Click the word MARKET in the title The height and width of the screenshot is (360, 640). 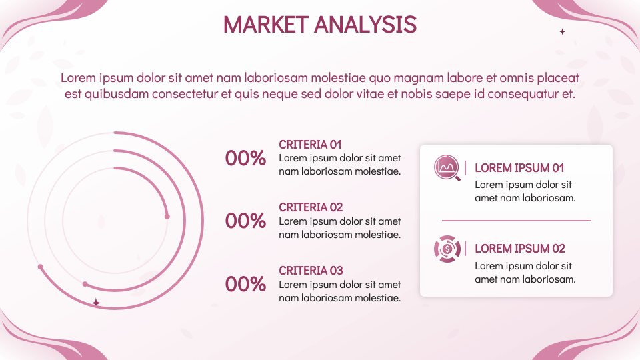coord(266,25)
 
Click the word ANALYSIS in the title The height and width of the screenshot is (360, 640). coord(365,25)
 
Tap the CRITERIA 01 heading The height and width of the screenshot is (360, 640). coord(310,145)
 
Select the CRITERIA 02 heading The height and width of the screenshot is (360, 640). coord(311,207)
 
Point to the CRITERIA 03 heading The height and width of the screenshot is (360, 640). coord(311,271)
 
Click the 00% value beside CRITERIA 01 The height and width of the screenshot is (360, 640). coord(245,158)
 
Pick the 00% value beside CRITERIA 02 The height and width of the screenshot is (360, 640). coord(245,221)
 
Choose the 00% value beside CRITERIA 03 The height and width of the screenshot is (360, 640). coord(245,284)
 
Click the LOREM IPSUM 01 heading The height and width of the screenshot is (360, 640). coord(519,168)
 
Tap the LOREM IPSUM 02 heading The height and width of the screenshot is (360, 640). coord(519,249)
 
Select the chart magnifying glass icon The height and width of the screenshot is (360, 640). coord(447,168)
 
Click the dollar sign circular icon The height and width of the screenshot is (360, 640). coord(447,249)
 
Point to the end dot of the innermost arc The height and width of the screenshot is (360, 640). coord(167,216)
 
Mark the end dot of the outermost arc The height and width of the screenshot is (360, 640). coord(41,267)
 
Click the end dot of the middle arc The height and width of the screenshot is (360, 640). coord(85,284)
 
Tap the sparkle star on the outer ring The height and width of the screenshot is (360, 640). coord(96,303)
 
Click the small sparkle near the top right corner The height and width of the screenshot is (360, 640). coord(562,31)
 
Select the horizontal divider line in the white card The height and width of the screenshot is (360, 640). coord(516,221)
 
